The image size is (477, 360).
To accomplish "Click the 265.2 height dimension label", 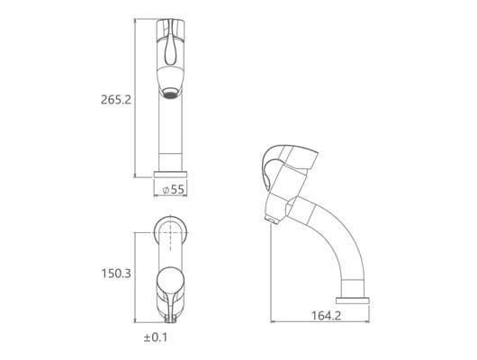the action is point(116,100).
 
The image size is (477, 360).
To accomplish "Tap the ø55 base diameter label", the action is point(174,189).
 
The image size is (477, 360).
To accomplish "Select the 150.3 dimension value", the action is point(116,274).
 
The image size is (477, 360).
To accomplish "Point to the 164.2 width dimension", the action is point(326,315).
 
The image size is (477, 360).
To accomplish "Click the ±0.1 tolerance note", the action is point(156,337).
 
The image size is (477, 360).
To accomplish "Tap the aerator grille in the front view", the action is point(170,94).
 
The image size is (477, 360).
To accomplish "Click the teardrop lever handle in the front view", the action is point(170,48).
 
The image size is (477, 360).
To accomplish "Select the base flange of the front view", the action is point(170,175).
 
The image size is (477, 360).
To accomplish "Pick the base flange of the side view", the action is point(353,301).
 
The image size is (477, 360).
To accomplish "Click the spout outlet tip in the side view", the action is point(272,220).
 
